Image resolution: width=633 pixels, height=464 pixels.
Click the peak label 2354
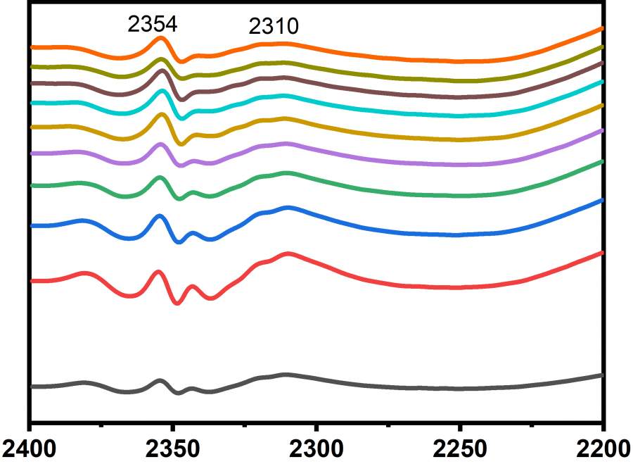click(152, 24)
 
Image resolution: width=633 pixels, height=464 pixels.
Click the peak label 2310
click(274, 27)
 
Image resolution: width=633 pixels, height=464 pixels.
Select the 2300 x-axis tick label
click(316, 448)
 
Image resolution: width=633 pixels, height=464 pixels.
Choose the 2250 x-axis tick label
click(460, 448)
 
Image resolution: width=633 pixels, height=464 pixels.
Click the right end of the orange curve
click(602, 28)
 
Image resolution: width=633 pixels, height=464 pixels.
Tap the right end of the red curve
click(602, 251)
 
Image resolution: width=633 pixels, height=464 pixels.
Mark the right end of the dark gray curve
click(602, 375)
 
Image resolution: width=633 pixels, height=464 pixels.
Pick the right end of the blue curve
click(602, 200)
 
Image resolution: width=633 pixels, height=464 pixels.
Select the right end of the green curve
click(602, 161)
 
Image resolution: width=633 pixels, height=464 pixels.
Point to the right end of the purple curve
click(602, 130)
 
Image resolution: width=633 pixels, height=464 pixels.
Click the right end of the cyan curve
click(602, 81)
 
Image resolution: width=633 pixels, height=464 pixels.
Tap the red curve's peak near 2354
click(158, 272)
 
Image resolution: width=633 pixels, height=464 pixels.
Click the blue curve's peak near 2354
click(160, 216)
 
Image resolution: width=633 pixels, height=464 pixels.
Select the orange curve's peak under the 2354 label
click(161, 38)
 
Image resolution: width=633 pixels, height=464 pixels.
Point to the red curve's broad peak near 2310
click(288, 253)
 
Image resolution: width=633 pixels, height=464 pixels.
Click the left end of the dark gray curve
click(32, 387)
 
